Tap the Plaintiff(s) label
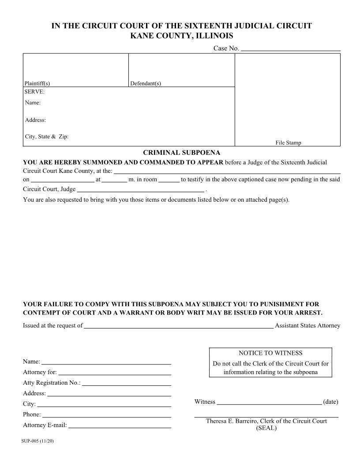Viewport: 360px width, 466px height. tap(37, 83)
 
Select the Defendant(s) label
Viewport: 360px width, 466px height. tap(146, 83)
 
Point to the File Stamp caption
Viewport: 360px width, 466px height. tap(288, 143)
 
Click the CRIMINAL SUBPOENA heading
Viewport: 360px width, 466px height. tap(181, 153)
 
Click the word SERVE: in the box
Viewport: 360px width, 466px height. tap(34, 92)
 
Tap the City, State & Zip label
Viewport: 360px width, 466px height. tap(47, 136)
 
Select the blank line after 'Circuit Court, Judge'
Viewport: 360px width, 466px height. tap(141, 190)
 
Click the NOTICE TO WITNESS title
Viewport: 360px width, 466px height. tap(270, 353)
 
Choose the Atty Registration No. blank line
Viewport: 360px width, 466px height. tap(127, 383)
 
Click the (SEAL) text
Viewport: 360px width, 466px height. tap(266, 428)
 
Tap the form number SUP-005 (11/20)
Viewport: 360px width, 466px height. tap(37, 441)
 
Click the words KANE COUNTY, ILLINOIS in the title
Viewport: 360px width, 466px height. tap(181, 36)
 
